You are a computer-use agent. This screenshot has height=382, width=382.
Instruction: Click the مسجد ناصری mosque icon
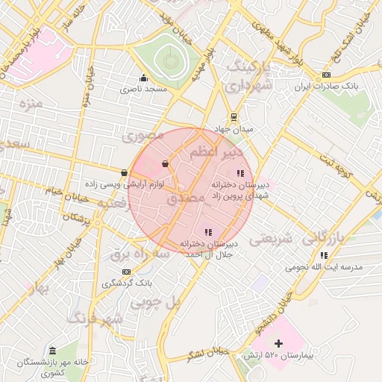[143, 78]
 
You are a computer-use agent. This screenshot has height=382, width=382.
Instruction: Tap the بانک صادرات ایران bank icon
[326, 76]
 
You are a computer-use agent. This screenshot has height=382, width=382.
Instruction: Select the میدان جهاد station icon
[234, 117]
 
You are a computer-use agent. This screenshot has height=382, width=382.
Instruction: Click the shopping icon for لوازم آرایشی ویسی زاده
[124, 173]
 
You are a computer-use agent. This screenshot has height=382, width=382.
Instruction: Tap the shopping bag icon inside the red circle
[165, 163]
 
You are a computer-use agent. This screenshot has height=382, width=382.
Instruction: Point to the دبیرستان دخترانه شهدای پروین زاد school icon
[239, 173]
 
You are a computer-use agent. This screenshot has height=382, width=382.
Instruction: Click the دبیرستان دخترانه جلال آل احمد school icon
[208, 233]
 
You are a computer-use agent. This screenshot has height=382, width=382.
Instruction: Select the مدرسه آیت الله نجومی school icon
[324, 255]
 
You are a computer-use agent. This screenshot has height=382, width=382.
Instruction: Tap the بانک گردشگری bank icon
[126, 272]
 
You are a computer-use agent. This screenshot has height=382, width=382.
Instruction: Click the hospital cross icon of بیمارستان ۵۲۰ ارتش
[279, 344]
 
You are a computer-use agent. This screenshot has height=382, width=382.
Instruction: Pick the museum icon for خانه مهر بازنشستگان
[52, 351]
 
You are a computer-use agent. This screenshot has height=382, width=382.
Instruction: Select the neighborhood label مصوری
[142, 137]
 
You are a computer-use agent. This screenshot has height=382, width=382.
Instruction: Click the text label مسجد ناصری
[144, 90]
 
